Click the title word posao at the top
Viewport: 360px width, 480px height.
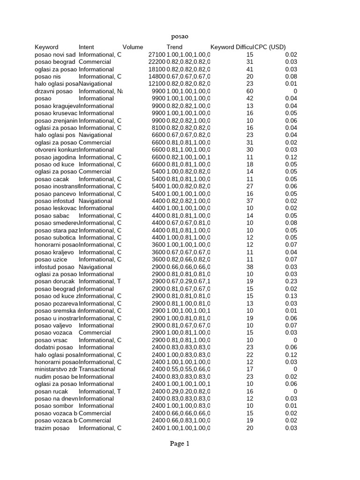[180, 36]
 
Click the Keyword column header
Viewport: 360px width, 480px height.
[46, 47]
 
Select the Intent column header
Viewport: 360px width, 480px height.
[86, 47]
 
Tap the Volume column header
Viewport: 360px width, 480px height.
[133, 47]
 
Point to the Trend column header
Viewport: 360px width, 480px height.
[174, 47]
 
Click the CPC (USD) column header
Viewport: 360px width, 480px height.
[270, 47]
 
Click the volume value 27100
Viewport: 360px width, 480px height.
[157, 54]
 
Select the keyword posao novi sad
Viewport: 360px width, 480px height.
[55, 54]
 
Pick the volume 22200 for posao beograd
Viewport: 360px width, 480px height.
[157, 62]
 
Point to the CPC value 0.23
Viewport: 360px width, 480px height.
[291, 281]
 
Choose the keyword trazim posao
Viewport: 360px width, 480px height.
[52, 427]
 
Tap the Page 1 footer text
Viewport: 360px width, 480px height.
[180, 444]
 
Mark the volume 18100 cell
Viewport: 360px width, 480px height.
[157, 69]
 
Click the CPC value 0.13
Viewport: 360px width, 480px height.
[291, 296]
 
